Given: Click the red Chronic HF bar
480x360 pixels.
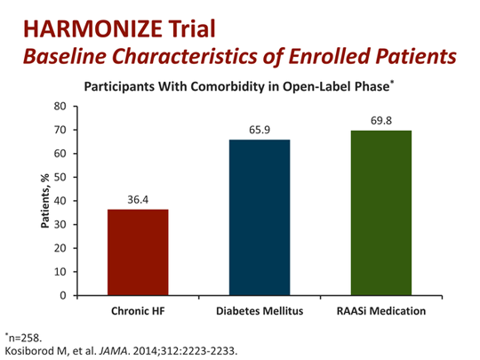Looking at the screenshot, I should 137,252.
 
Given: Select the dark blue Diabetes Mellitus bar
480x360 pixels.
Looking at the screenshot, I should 260,217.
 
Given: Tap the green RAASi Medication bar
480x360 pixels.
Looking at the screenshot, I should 380,212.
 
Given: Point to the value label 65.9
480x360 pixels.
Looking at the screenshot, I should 260,131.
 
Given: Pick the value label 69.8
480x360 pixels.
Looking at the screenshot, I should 380,121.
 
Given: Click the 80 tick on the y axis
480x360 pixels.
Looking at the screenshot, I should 60,107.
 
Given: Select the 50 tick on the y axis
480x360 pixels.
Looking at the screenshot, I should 60,178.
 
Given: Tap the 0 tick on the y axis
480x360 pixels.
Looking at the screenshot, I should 64,296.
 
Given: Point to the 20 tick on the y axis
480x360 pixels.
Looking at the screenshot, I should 60,249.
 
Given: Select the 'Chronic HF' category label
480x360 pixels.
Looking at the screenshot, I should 137,311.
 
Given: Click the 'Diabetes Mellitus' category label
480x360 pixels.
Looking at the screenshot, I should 260,311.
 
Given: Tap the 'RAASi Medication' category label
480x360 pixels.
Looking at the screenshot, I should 380,311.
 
